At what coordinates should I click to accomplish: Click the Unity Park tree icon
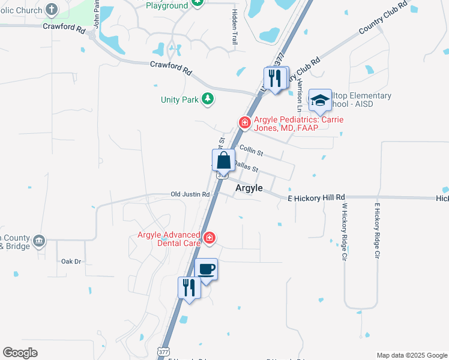[207, 98]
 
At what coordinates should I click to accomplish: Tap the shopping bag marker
[223, 161]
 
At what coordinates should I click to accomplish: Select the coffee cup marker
[206, 269]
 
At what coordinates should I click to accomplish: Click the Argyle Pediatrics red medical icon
[244, 122]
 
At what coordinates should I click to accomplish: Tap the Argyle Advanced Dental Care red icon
[209, 238]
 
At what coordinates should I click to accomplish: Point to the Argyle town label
[249, 188]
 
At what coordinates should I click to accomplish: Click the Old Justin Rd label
[190, 194]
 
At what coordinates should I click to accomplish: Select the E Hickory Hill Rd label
[316, 197]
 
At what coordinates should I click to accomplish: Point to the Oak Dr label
[71, 262]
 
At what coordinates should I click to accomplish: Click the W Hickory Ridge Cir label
[345, 230]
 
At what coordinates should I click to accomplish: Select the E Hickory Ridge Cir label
[378, 230]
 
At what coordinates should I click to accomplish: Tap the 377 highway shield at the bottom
[164, 351]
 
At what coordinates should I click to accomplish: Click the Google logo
[20, 353]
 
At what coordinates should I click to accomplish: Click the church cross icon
[51, 10]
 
